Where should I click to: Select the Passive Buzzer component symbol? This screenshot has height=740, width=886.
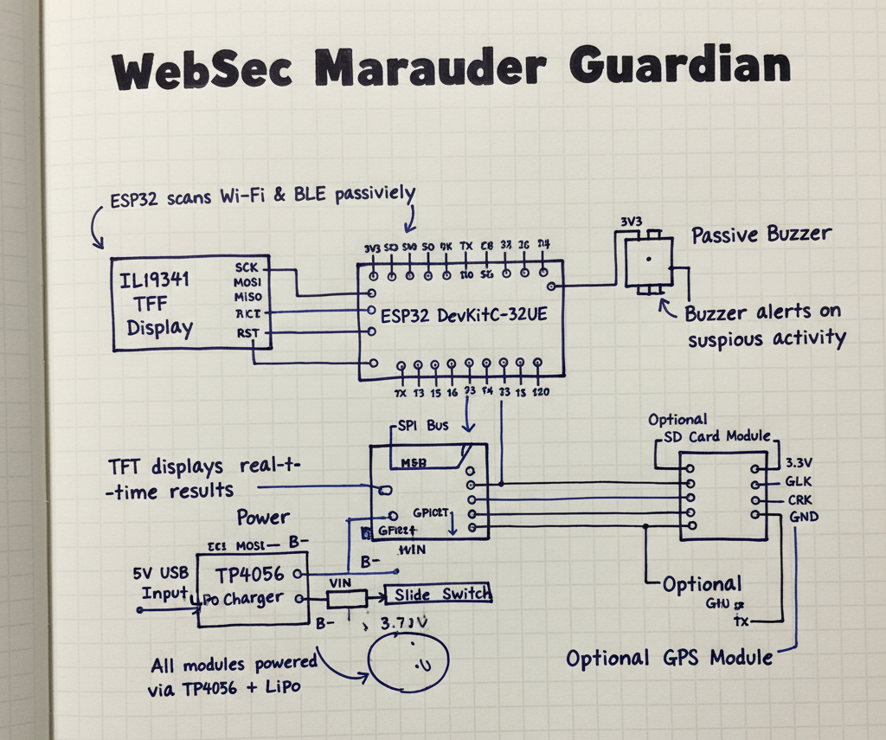646,261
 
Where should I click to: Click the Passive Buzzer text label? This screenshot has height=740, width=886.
761,235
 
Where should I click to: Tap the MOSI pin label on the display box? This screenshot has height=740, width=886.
248,282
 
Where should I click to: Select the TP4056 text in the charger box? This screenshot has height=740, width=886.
246,574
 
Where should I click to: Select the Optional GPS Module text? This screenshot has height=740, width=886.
669,658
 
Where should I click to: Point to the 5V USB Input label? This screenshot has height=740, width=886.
161,582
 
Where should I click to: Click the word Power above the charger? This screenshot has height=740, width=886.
263,518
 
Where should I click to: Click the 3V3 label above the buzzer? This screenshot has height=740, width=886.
631,221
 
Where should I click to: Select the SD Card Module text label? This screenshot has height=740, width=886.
715,436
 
